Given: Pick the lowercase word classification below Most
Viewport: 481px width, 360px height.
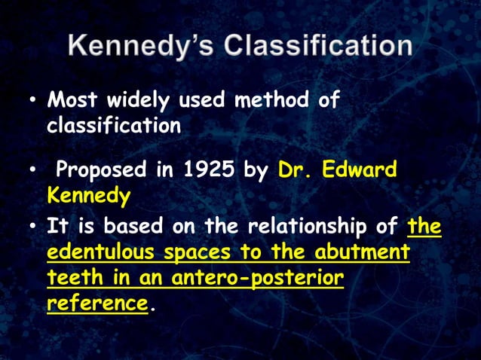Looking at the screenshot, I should [114, 125].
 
